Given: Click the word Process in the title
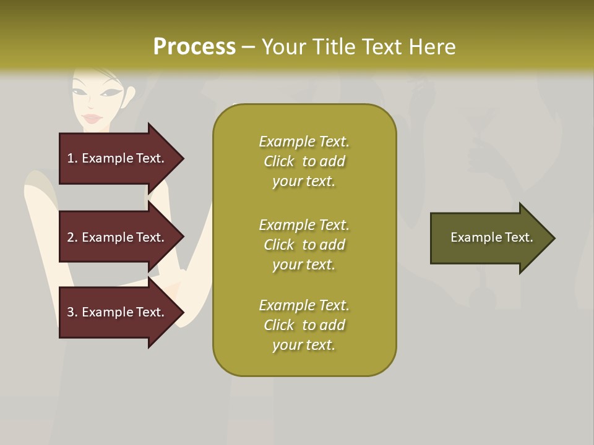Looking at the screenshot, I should [194, 47].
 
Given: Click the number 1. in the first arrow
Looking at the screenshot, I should [72, 158].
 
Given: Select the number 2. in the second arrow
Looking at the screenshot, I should [72, 237].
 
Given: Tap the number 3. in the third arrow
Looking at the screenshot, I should [72, 312].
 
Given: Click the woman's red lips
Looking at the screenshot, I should [92, 118].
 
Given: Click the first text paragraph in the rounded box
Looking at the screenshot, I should [304, 161].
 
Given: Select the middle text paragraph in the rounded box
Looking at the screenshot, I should [304, 245].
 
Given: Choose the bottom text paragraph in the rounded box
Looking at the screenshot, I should [304, 325].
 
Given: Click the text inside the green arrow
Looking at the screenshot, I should [491, 237].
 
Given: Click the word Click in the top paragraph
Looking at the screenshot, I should [278, 161].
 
